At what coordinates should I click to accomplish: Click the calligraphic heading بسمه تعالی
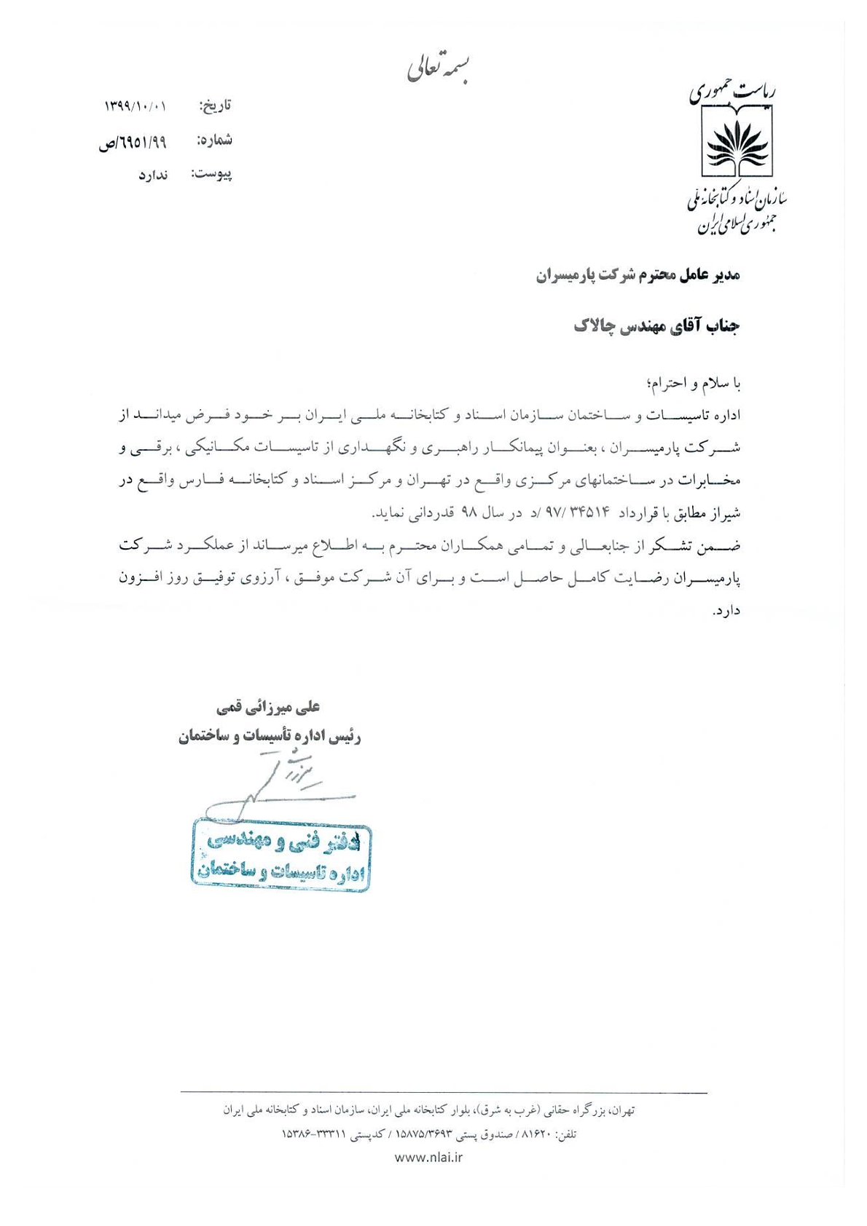437,67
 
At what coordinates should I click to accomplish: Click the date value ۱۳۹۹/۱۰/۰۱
136,106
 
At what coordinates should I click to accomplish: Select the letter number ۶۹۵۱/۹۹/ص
133,142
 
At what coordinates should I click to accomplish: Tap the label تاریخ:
215,106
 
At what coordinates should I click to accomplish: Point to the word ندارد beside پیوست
153,175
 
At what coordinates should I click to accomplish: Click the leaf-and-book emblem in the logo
737,141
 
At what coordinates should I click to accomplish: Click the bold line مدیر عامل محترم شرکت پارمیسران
638,275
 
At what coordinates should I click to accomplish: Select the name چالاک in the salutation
595,326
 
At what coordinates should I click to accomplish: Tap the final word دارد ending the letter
726,612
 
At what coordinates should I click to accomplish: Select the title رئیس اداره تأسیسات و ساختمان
270,736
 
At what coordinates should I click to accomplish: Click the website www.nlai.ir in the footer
428,1157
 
